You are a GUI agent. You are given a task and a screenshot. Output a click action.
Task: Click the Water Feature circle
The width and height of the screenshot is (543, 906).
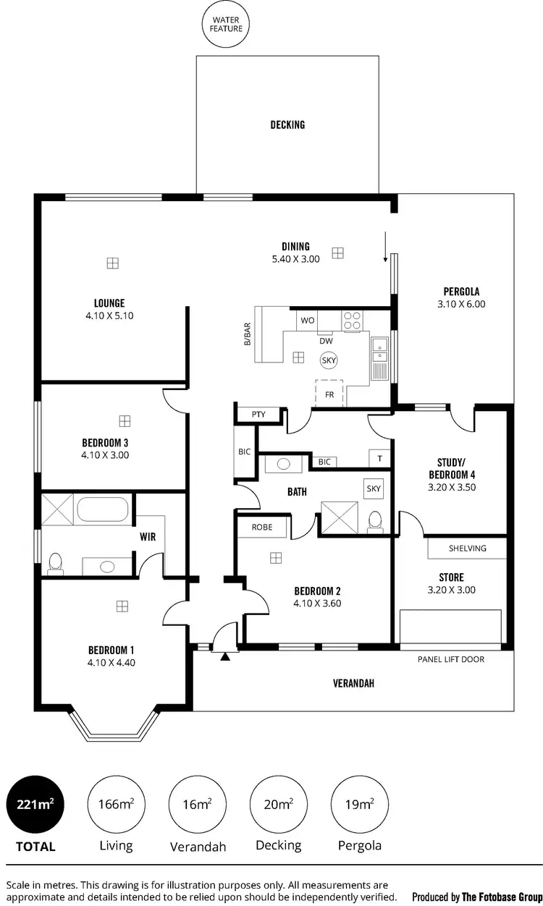click(227, 24)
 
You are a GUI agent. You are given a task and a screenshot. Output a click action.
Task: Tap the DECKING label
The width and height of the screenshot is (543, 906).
click(287, 124)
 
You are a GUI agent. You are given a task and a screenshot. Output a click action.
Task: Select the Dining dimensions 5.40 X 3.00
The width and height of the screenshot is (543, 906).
click(295, 258)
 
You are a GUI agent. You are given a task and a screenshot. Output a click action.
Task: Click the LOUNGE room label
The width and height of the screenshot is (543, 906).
click(109, 303)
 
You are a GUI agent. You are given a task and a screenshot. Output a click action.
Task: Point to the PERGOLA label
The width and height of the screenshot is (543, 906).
click(461, 292)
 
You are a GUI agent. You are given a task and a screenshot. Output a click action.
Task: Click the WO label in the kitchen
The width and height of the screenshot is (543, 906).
click(306, 319)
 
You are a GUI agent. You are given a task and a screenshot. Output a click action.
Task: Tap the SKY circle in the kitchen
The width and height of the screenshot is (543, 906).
click(329, 360)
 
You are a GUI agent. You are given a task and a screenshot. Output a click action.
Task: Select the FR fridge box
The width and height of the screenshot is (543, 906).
click(329, 394)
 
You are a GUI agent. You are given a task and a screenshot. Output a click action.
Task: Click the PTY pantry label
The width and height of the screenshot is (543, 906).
click(258, 415)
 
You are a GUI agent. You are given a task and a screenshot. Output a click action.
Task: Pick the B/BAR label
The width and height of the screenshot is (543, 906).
click(248, 337)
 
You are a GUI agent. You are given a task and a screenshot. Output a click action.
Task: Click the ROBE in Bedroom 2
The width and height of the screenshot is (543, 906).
click(262, 528)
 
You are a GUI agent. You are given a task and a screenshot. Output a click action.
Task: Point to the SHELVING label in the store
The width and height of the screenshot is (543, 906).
click(467, 548)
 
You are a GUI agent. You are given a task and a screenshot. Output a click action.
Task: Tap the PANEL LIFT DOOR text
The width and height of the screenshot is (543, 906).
click(451, 659)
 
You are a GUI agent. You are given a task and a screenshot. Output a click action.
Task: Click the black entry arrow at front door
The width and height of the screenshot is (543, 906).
click(225, 656)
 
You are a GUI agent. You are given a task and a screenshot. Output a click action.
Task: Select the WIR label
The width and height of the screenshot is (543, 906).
click(148, 537)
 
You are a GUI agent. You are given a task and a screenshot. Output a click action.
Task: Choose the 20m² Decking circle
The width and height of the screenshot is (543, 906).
click(278, 803)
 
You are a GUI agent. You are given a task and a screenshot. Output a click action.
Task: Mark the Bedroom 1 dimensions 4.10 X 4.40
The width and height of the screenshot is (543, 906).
click(111, 661)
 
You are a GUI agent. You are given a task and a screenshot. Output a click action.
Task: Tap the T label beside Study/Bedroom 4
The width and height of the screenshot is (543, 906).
click(379, 458)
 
